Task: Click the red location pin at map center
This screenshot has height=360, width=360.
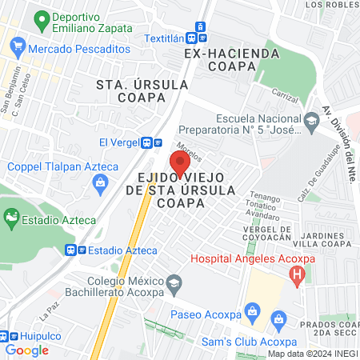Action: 180,162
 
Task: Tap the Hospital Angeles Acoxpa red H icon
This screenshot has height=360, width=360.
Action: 298,277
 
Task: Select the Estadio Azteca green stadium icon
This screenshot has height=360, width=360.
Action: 11,216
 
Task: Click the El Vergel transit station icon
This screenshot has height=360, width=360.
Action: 146,142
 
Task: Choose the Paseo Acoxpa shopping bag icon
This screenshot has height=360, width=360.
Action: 251,310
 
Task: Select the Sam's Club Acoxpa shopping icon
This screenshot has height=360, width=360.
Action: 278,322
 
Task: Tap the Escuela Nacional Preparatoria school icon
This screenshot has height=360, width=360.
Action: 311,122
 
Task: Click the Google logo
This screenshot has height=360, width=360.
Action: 26,350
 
